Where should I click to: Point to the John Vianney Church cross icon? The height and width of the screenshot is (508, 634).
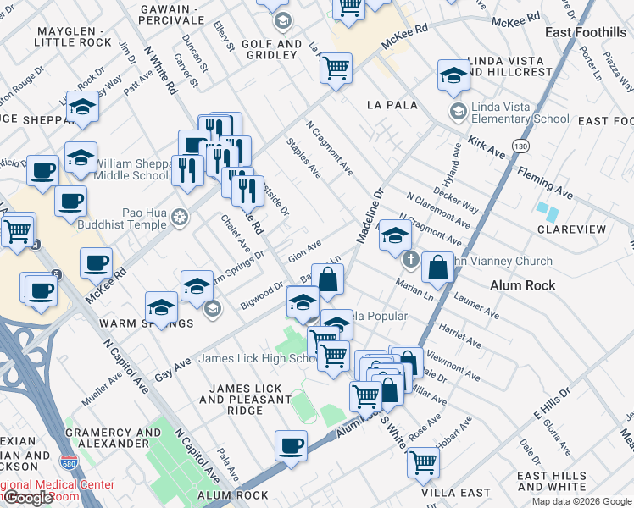(410, 259)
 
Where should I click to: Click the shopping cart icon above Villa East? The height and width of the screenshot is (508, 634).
(422, 462)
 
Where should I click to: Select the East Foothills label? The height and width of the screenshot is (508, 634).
(586, 32)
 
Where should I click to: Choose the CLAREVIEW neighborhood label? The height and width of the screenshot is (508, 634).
(571, 229)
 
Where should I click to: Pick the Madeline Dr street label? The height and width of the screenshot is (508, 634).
(370, 216)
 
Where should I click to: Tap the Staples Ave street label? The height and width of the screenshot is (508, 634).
(303, 158)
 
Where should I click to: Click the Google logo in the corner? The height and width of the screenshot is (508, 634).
(29, 499)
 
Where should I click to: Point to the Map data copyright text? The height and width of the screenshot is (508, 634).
(581, 501)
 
